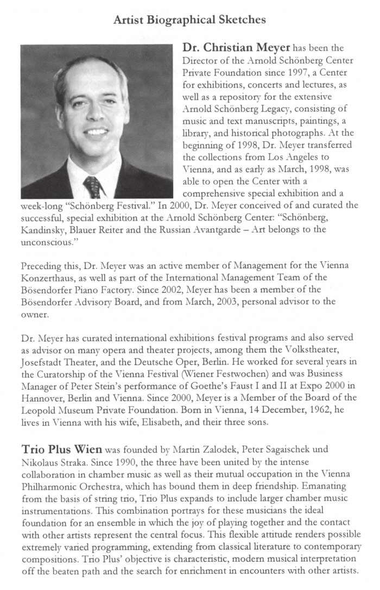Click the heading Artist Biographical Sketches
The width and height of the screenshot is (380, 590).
click(x=190, y=20)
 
